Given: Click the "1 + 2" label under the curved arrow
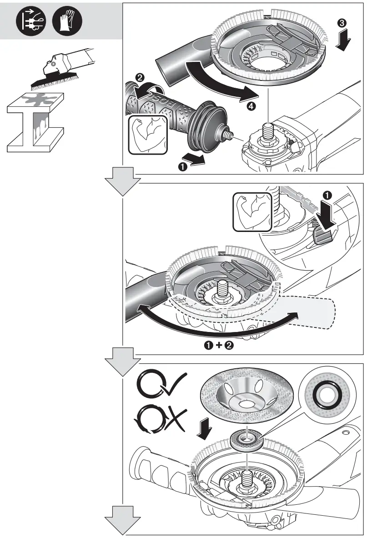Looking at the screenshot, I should [x=220, y=345].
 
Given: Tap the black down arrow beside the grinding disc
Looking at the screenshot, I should [x=205, y=429].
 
